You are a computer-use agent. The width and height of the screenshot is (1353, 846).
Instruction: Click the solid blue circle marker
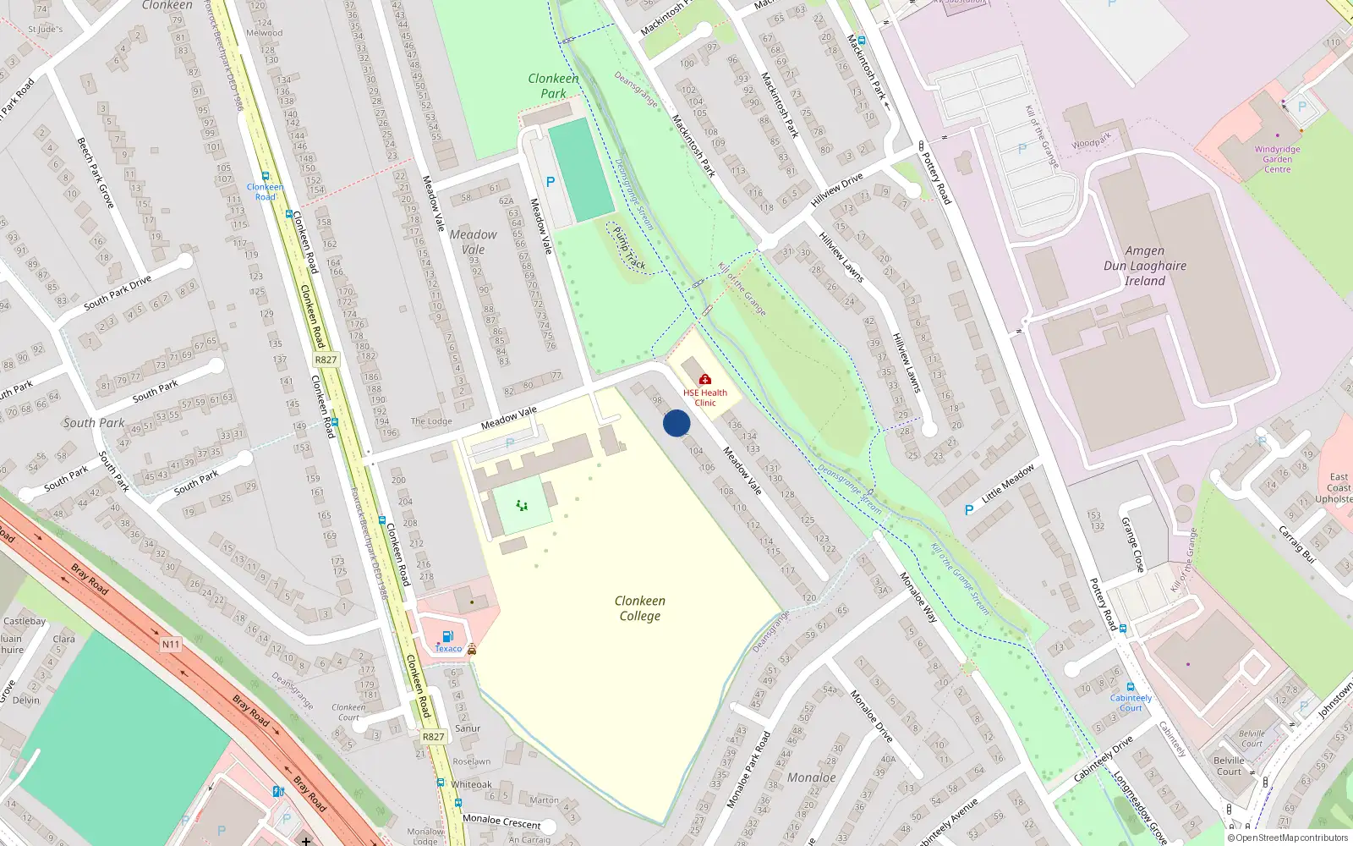676,423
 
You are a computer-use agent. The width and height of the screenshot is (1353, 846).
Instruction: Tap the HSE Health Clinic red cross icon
705,379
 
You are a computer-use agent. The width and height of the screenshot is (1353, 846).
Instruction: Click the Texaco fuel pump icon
448,636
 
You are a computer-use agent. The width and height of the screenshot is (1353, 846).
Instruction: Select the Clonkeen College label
639,608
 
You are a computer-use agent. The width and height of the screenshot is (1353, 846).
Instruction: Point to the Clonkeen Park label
553,86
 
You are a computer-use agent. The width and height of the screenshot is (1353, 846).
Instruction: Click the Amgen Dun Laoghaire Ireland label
1145,266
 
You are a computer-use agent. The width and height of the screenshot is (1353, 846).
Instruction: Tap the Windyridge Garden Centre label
1277,159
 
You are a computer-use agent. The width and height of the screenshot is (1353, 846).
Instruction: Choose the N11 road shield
171,645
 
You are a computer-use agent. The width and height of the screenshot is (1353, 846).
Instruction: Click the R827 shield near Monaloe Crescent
433,737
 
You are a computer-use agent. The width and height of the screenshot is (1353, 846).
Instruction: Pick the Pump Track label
628,249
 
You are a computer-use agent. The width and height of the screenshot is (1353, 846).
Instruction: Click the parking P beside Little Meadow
969,510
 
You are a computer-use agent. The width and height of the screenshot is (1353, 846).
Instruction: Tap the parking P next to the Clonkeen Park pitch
551,182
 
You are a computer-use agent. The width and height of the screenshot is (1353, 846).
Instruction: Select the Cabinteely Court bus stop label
1131,702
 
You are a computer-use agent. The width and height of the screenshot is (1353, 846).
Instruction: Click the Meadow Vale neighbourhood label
473,242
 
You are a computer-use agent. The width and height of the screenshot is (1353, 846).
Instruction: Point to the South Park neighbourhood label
94,423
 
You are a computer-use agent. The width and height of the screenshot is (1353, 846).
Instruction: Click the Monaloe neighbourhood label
811,777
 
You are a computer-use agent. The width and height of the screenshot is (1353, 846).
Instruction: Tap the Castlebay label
25,621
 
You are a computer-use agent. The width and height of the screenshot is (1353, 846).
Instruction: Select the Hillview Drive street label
837,190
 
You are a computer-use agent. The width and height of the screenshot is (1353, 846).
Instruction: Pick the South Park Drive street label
118,292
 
